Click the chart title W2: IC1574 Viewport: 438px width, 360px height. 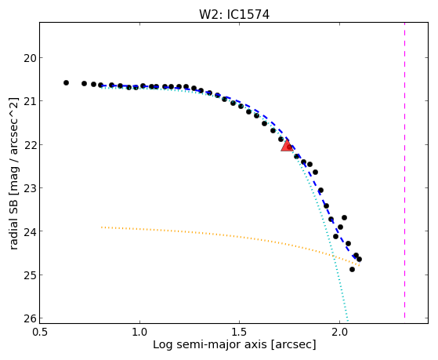(234, 15)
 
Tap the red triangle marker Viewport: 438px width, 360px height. (287, 146)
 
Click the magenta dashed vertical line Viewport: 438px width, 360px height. (404, 170)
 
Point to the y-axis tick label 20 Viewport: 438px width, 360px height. (29, 59)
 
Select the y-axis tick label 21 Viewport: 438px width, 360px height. (29, 101)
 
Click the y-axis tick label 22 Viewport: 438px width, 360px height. (29, 145)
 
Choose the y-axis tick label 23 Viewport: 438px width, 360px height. (29, 188)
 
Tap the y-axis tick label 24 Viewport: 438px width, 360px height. (29, 231)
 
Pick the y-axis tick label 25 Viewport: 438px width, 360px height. (29, 275)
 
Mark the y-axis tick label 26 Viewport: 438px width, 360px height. (29, 318)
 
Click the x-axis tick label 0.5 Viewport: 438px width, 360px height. (40, 333)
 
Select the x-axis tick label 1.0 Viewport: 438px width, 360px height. (139, 333)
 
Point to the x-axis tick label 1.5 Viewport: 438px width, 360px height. (240, 333)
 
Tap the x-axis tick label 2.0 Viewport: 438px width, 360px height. (339, 333)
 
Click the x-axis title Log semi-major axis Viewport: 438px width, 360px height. (210, 345)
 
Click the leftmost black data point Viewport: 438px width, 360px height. (66, 83)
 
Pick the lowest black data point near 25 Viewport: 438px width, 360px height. (353, 269)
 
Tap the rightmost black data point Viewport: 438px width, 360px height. (359, 259)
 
